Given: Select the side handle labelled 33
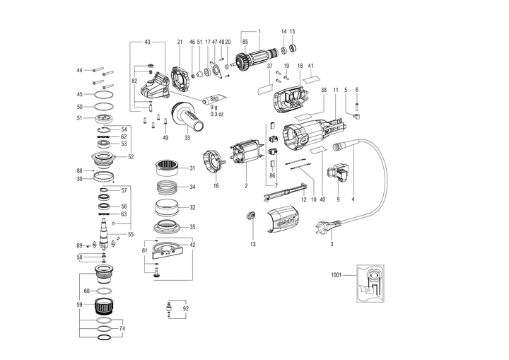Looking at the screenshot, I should click(x=189, y=117).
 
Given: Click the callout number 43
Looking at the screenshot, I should click(x=148, y=42).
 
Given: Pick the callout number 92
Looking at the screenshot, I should click(x=185, y=308).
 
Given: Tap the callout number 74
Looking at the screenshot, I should click(x=122, y=329).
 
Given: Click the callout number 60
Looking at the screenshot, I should click(x=86, y=291).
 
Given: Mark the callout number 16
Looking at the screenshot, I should click(x=216, y=186).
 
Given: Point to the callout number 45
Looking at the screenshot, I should click(x=80, y=94).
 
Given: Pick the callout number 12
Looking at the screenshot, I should click(x=303, y=200).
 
